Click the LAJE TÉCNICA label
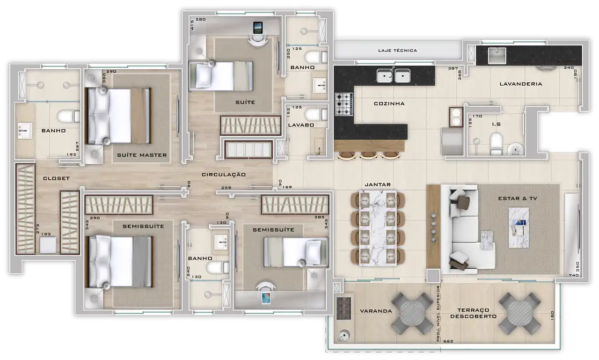[x=397, y=50]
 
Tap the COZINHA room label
[x=389, y=103]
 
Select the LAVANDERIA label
[x=521, y=84]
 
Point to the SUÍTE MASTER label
[x=142, y=155]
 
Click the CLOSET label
[x=56, y=178]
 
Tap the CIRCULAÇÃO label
[x=224, y=175]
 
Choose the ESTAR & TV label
[x=518, y=198]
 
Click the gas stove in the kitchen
[x=344, y=104]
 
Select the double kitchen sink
[x=394, y=75]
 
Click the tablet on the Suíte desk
[x=258, y=27]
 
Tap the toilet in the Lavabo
[x=316, y=115]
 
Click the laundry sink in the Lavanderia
[x=497, y=56]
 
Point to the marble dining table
[x=378, y=228]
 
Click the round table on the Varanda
[x=412, y=313]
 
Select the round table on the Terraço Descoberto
[x=519, y=313]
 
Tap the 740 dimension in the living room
[x=574, y=275]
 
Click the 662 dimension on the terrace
[x=448, y=341]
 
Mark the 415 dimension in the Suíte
[x=192, y=25]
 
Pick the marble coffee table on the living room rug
[x=519, y=228]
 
